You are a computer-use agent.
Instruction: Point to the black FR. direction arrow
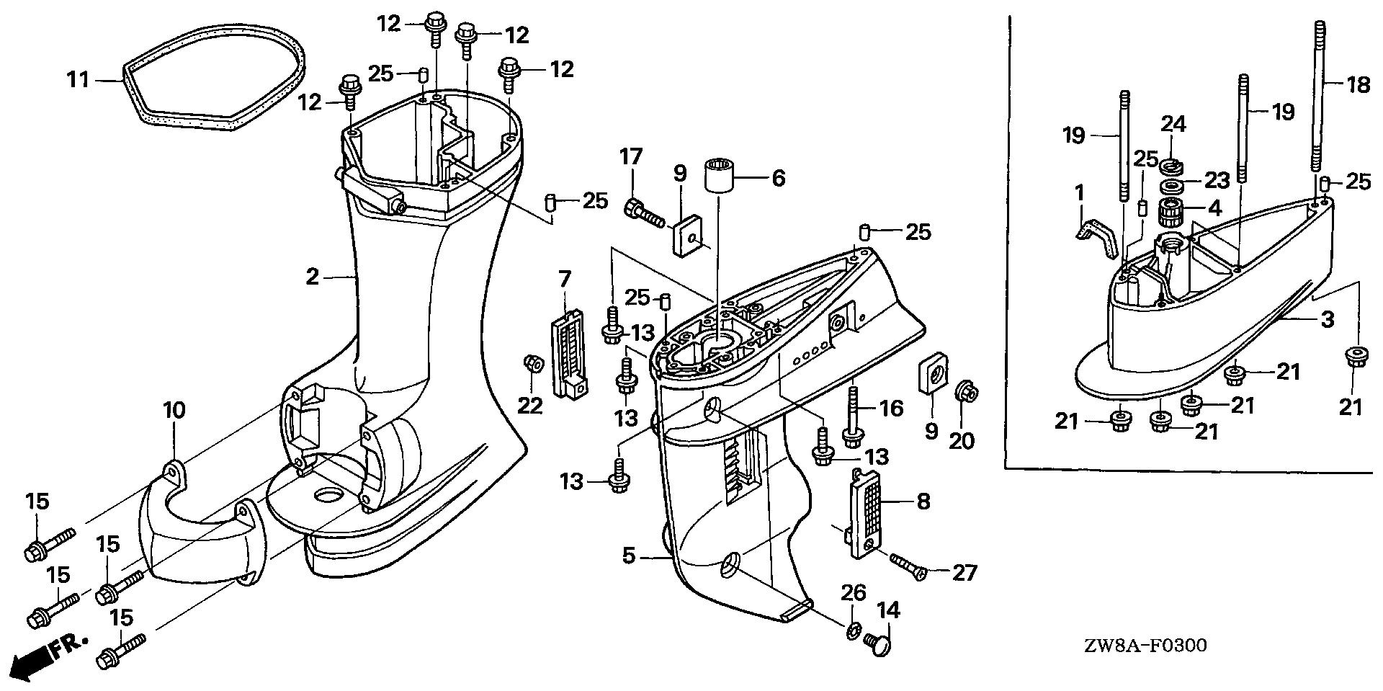40,658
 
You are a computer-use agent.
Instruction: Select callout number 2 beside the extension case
312,276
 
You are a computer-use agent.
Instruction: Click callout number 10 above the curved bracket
174,411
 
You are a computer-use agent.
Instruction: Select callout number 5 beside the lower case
629,556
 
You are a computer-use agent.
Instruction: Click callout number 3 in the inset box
1328,318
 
